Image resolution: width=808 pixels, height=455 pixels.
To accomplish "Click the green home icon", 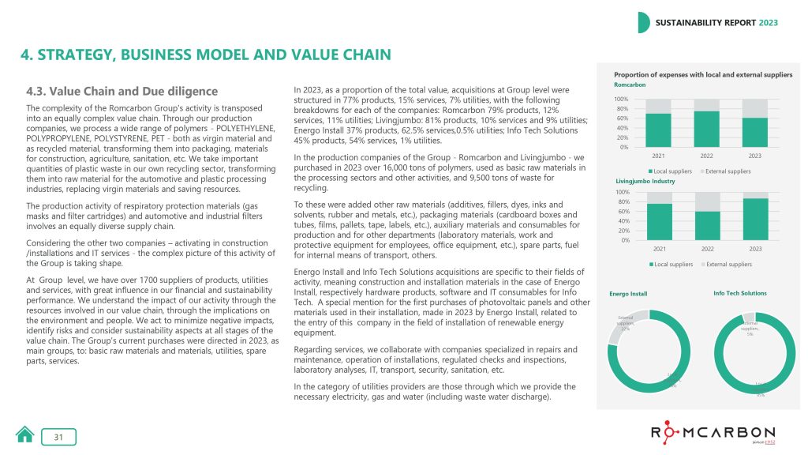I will click(25, 435).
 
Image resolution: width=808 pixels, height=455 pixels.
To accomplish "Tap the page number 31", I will click(58, 436).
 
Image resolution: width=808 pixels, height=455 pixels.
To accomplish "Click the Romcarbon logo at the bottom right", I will click(713, 432).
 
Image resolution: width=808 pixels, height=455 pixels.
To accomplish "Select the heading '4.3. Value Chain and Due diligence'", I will click(122, 92).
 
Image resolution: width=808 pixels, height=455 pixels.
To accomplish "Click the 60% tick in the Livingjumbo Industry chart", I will click(622, 211).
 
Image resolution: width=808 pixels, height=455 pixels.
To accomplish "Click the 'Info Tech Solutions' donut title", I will click(739, 293).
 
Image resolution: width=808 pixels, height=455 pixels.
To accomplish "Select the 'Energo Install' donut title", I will click(628, 294).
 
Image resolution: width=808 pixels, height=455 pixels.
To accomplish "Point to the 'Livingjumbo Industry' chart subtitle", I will click(644, 181).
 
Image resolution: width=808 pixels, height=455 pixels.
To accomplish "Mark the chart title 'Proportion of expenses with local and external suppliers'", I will click(702, 74).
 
